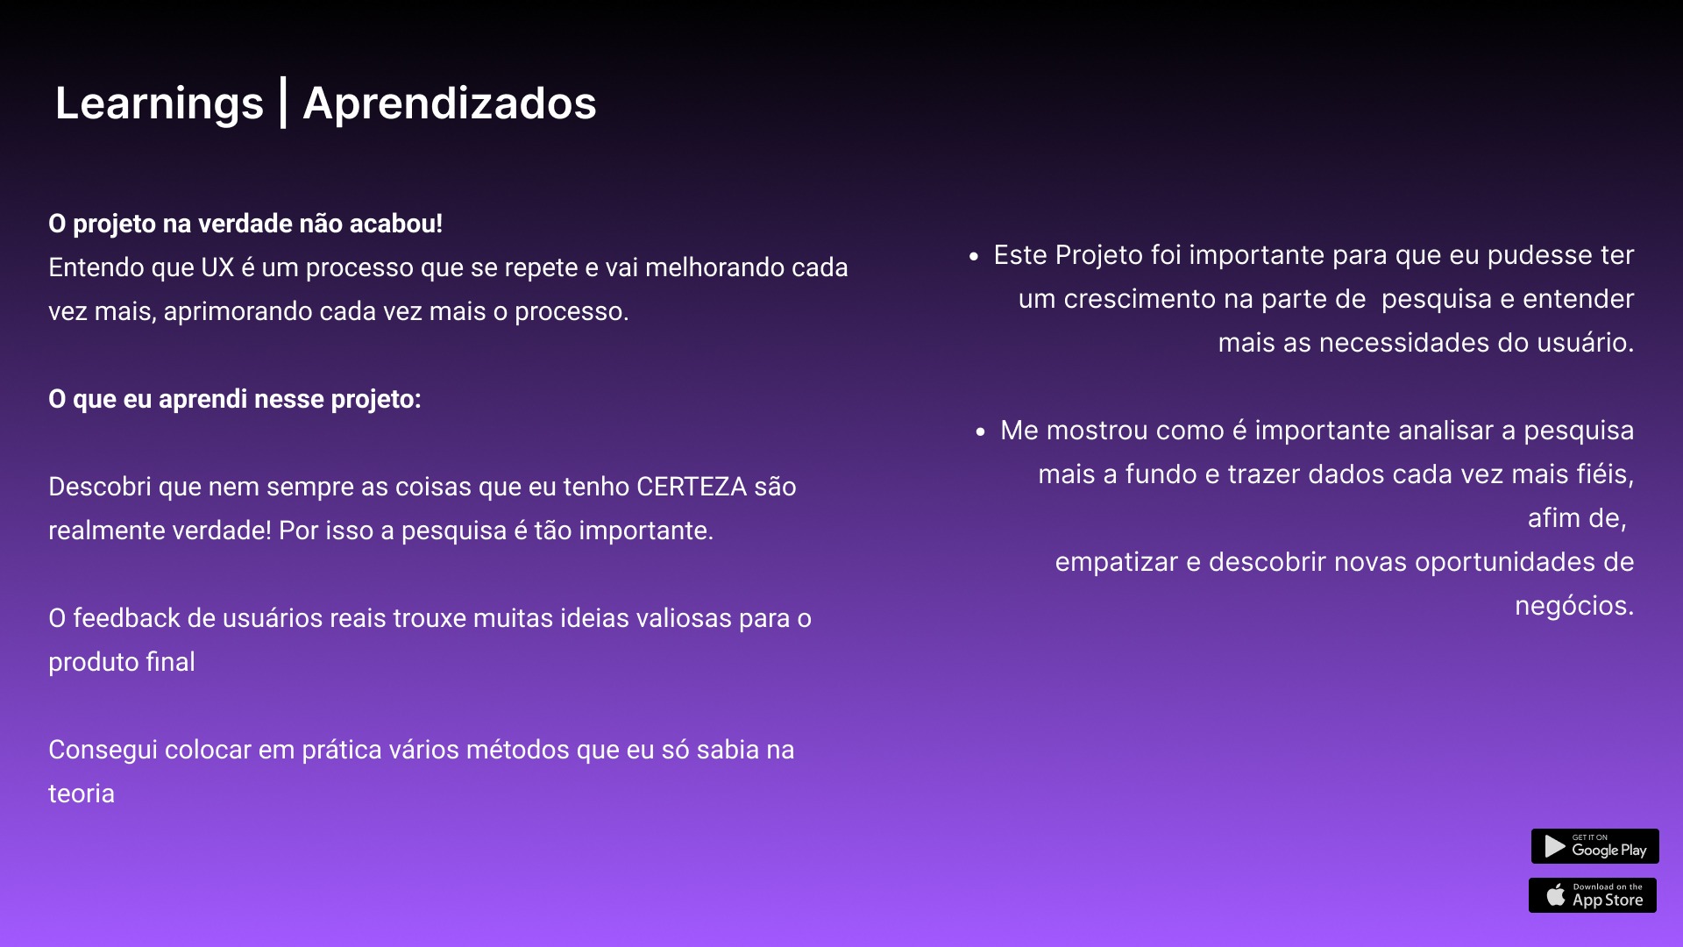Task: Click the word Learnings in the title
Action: pyautogui.click(x=160, y=104)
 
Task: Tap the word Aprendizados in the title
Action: pyautogui.click(x=450, y=103)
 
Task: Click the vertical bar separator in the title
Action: pyautogui.click(x=283, y=103)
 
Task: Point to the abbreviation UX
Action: pyautogui.click(x=217, y=267)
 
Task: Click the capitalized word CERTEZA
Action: pyautogui.click(x=692, y=487)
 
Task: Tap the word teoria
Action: pyautogui.click(x=82, y=794)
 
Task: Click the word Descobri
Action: pyautogui.click(x=100, y=487)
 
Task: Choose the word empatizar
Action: pyautogui.click(x=1117, y=562)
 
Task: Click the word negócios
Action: pyautogui.click(x=1574, y=606)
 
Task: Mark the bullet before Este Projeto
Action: pyautogui.click(x=974, y=257)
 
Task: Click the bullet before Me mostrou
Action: pyautogui.click(x=981, y=432)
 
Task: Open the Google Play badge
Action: pyautogui.click(x=1595, y=846)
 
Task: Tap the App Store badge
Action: pyautogui.click(x=1593, y=895)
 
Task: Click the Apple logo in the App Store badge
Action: pyautogui.click(x=1556, y=894)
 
